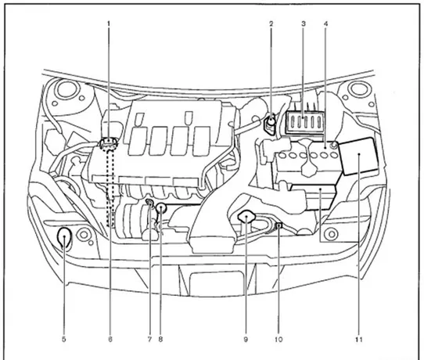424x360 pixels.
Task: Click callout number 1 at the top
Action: pyautogui.click(x=109, y=23)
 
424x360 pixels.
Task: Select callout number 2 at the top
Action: pyautogui.click(x=271, y=23)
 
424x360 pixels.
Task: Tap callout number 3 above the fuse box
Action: pyautogui.click(x=304, y=23)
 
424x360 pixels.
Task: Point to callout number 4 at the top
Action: pyautogui.click(x=326, y=23)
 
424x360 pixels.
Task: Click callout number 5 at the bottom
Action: pyautogui.click(x=64, y=339)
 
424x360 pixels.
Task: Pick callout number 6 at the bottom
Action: pyautogui.click(x=110, y=339)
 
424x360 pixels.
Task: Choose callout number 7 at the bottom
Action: pyautogui.click(x=149, y=339)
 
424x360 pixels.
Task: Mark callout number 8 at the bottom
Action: pyautogui.click(x=160, y=339)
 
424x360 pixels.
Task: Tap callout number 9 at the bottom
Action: pyautogui.click(x=246, y=339)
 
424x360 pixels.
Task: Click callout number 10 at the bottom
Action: pyautogui.click(x=278, y=339)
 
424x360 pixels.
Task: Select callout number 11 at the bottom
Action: pyautogui.click(x=359, y=339)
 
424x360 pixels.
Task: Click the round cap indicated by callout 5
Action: pyautogui.click(x=64, y=237)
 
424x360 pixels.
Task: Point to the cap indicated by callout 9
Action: pyautogui.click(x=246, y=216)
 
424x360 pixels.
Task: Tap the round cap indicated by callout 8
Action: pyautogui.click(x=161, y=208)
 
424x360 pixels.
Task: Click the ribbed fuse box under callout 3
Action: pyautogui.click(x=304, y=122)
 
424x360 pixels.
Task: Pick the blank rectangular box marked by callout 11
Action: pyautogui.click(x=358, y=155)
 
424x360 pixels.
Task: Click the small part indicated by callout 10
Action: pyautogui.click(x=278, y=225)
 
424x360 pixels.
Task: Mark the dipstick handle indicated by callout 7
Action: pyautogui.click(x=149, y=203)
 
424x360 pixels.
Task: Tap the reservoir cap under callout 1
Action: pyautogui.click(x=109, y=143)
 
